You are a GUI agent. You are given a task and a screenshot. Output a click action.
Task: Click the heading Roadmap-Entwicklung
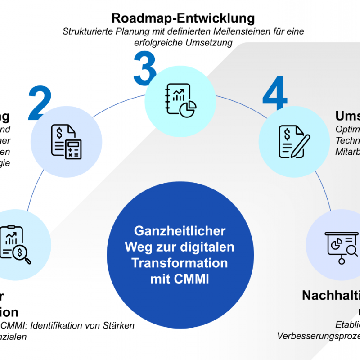point(183,18)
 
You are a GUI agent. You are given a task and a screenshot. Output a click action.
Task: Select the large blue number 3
point(145,69)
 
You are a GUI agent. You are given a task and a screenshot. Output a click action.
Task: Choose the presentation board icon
point(341,245)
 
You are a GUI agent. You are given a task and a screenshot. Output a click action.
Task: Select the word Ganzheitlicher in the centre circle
point(180,231)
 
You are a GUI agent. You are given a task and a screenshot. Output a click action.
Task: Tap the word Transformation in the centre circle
point(180,263)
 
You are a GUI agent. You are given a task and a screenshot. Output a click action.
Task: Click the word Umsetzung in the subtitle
point(211,43)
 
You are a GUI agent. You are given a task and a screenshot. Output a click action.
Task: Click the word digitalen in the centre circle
point(213,247)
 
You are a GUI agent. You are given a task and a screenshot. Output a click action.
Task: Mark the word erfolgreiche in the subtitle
point(163,43)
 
